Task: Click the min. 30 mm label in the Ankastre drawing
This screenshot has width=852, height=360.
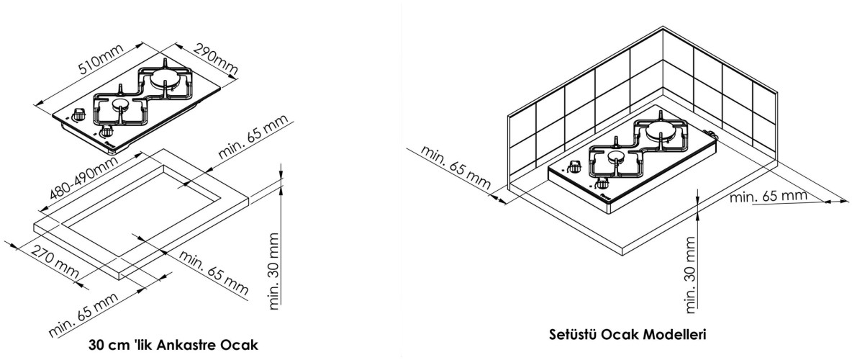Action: click(x=274, y=270)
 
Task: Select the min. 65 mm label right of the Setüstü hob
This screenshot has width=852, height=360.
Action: click(x=768, y=196)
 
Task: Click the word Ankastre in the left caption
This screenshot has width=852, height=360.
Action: click(x=170, y=343)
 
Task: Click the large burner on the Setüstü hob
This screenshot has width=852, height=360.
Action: click(x=661, y=132)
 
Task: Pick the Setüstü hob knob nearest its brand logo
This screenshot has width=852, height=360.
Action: click(x=576, y=168)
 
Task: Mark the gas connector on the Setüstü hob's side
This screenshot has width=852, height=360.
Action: click(x=713, y=135)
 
